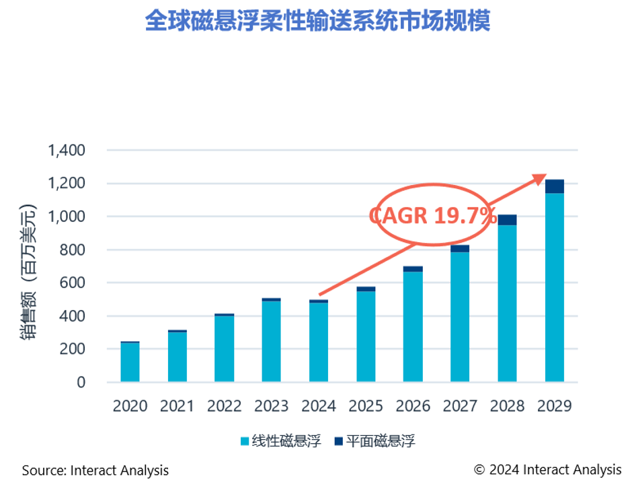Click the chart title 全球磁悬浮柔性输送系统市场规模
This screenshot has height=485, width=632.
[x=317, y=21]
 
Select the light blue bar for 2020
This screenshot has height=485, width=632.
[x=130, y=363]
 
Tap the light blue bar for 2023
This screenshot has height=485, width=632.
[x=272, y=342]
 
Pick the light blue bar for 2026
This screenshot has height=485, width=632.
[x=413, y=327]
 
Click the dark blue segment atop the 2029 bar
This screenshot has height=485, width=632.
[x=554, y=186]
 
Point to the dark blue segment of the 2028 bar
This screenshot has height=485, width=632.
[x=507, y=220]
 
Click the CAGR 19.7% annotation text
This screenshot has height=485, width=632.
[x=433, y=216]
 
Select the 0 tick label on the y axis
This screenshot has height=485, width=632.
[x=81, y=382]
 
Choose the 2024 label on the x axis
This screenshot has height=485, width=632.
[x=319, y=406]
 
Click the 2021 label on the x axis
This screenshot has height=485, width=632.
[x=177, y=406]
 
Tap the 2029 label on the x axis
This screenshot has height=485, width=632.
[x=555, y=406]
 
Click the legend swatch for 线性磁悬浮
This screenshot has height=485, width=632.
[x=245, y=441]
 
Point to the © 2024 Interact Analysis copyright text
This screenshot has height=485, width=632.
[x=547, y=470]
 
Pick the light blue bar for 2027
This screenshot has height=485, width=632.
[x=460, y=317]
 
